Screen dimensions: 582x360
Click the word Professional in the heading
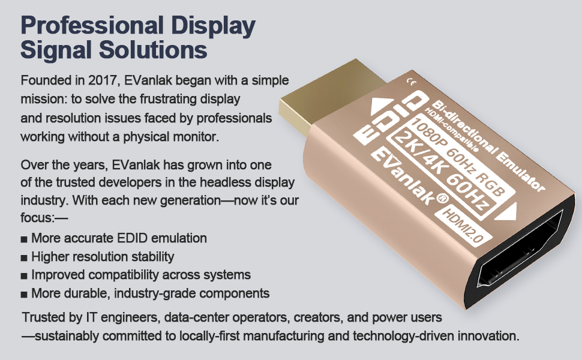(92, 25)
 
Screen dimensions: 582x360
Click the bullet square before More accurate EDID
(24, 239)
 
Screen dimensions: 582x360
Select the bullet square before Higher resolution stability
(24, 257)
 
